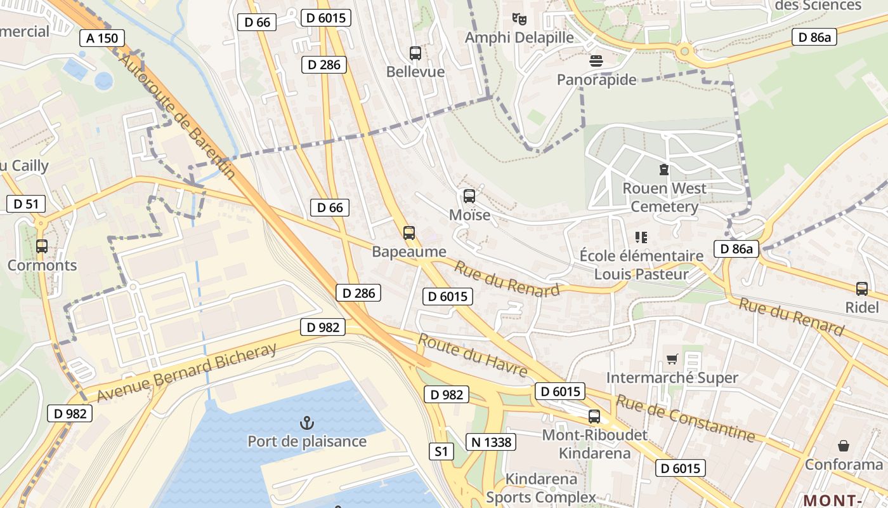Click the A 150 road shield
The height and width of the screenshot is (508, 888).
[x=102, y=38]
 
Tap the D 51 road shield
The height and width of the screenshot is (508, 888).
[x=26, y=204]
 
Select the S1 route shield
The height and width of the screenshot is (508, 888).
[x=441, y=452]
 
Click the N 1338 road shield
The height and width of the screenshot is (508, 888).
[x=490, y=442]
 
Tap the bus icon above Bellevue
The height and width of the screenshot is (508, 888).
[x=415, y=53]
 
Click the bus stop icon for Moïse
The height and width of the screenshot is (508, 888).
[x=469, y=196]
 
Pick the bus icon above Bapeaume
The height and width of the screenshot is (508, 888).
[x=409, y=233]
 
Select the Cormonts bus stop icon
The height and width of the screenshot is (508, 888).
[x=42, y=246]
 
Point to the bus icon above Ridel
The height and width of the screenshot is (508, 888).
[x=862, y=289]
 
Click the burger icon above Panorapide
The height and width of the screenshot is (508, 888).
[x=596, y=61]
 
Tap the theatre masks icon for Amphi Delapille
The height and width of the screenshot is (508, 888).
[x=519, y=18]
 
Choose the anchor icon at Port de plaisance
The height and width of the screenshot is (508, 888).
[x=307, y=422]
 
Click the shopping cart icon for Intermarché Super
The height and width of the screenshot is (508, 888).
[x=672, y=359]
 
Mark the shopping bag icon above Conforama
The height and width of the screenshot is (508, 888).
[x=844, y=446]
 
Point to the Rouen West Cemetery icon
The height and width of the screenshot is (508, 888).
[x=664, y=170]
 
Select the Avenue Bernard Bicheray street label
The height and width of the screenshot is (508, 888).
[x=188, y=373]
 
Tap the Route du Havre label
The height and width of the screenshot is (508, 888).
[x=473, y=355]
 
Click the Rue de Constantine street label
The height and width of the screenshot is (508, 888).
[x=685, y=418]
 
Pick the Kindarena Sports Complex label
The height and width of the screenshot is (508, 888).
[x=541, y=488]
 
